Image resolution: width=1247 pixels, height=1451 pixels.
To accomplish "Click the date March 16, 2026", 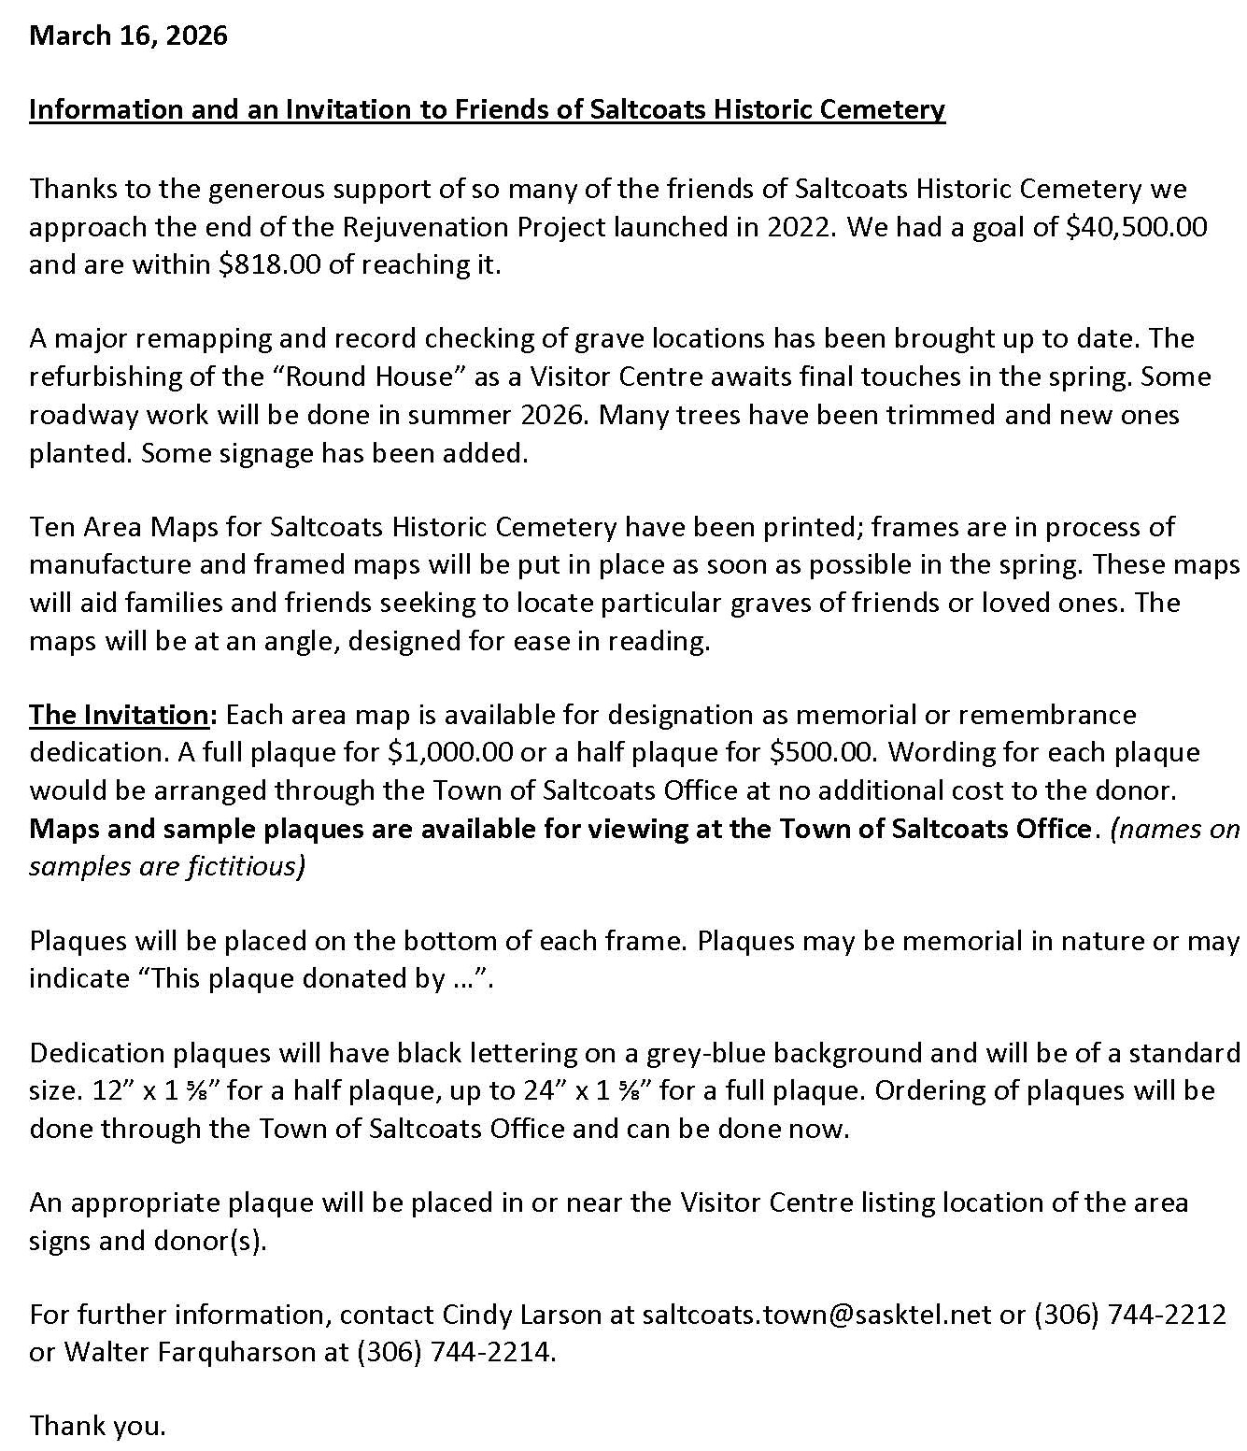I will pos(128,36).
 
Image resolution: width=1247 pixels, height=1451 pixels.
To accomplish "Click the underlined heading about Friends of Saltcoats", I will pos(487,110).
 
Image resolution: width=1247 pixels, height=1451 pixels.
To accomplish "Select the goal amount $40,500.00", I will pos(1137,227).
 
